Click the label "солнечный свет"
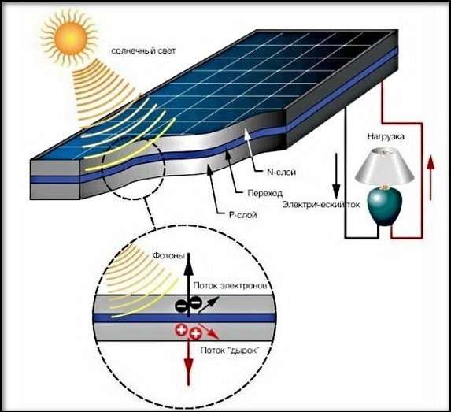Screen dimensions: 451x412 click(143, 51)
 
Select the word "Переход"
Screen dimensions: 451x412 click(265, 193)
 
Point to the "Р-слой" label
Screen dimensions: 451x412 click(242, 215)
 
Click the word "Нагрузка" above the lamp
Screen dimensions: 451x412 click(386, 136)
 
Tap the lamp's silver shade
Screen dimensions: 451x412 click(384, 166)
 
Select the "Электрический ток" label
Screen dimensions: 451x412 click(321, 204)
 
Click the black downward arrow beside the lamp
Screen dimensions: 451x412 click(336, 176)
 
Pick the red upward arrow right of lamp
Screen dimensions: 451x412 click(431, 177)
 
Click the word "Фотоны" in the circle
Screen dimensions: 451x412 click(168, 255)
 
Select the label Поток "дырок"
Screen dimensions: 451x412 click(230, 351)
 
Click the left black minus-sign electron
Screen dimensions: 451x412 click(181, 306)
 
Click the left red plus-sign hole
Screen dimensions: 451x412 click(182, 329)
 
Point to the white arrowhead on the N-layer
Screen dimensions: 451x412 click(247, 135)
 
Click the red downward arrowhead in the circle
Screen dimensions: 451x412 click(189, 363)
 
